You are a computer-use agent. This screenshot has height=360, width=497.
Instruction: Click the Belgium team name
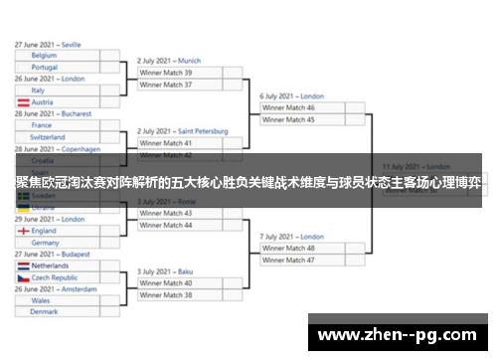[44, 57]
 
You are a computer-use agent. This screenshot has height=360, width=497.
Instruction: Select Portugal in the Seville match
[45, 68]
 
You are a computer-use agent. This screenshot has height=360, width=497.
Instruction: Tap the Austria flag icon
[22, 102]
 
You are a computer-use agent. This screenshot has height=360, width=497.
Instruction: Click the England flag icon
[22, 231]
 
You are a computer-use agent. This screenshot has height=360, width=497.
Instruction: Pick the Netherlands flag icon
[22, 267]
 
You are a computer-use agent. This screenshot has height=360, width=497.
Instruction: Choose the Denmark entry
[44, 311]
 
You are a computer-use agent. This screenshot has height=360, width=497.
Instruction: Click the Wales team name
[41, 300]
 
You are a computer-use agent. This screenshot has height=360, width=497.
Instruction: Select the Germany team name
[45, 242]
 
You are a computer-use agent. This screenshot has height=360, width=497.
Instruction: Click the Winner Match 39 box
[167, 73]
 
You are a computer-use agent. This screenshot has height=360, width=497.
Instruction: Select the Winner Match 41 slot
[167, 143]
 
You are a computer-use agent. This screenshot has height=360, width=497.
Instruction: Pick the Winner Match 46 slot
[288, 107]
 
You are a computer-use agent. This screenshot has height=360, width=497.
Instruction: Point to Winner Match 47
[288, 260]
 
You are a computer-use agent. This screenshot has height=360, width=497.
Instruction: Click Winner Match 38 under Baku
[167, 294]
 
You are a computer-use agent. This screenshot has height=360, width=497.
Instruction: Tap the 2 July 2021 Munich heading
[169, 61]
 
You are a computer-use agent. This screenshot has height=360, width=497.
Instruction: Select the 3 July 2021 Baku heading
[165, 271]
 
